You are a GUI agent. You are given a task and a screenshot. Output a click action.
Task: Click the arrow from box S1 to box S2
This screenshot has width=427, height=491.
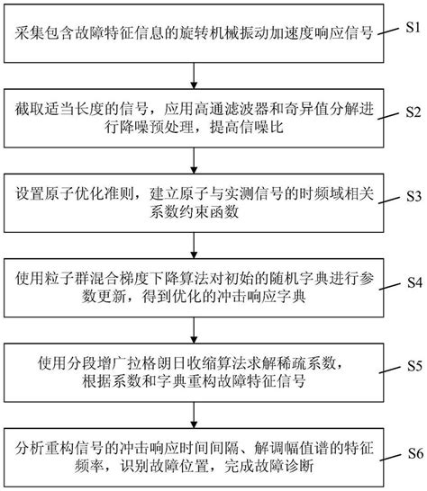[x=193, y=72]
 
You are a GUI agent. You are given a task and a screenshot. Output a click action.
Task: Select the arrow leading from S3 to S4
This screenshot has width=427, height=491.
[x=193, y=240]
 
